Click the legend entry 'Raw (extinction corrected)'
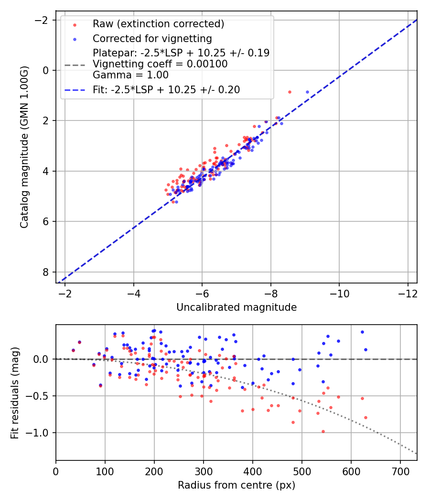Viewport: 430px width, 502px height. pos(158,24)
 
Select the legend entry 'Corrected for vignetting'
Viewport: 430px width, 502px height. pos(152,38)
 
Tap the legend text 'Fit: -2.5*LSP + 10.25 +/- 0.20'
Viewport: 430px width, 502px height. pos(166,89)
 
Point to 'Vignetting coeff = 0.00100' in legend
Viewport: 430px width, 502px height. pos(160,64)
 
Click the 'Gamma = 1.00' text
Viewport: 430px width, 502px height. pos(130,75)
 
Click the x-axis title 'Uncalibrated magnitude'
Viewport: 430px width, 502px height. pos(236,307)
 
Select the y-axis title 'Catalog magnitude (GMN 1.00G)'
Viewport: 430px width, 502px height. pos(25,147)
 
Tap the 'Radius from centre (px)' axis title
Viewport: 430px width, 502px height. pos(236,485)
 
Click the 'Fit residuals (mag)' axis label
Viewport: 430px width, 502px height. pos(15,392)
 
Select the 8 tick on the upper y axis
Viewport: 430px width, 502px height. pos(45,272)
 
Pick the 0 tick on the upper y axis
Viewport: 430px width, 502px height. pos(45,70)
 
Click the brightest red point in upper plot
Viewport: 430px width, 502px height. pos(290,92)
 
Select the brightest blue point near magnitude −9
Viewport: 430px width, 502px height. pos(307,92)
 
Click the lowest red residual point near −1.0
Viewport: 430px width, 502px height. pos(323,431)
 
